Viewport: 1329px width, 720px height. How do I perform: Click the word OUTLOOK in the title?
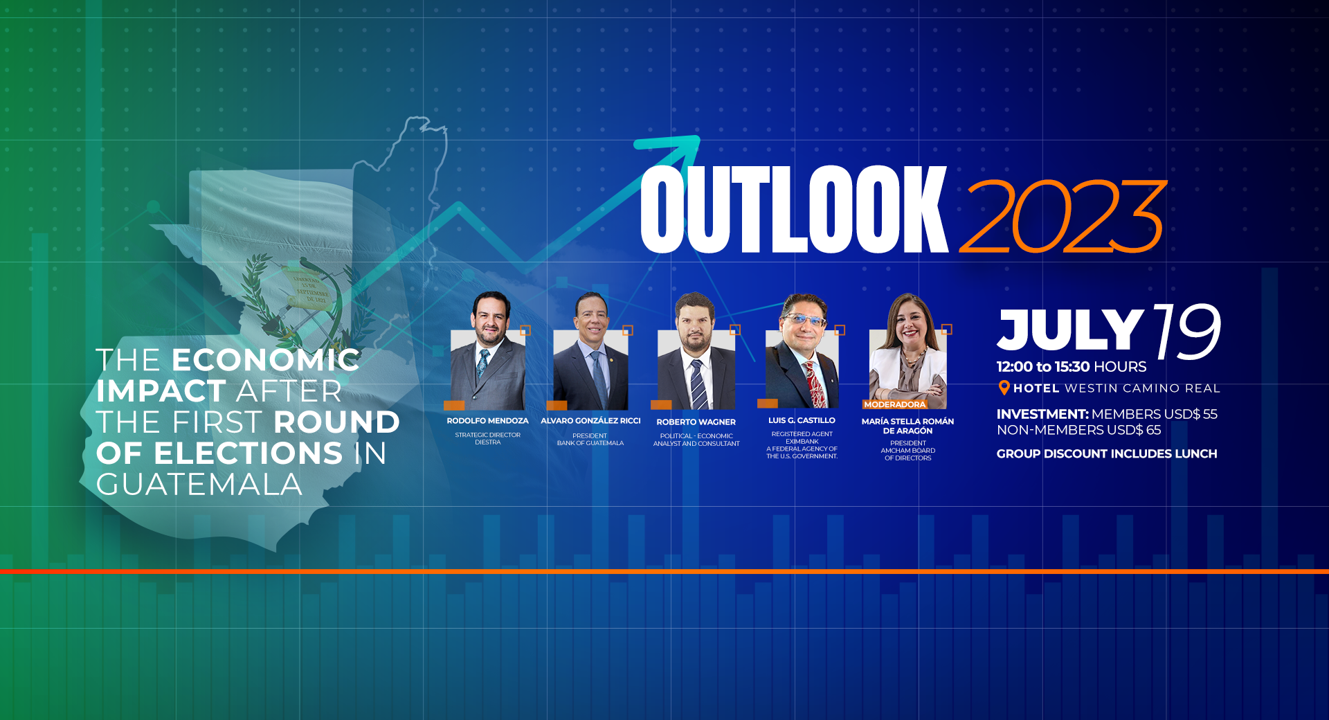coord(794,209)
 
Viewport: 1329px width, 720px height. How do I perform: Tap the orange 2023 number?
coord(1063,216)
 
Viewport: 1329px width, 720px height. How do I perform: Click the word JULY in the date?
coord(1069,330)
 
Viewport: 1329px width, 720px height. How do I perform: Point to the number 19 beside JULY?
coord(1186,331)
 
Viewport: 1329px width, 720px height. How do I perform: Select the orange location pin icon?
coord(1004,388)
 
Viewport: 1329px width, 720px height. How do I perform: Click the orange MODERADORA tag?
coord(894,404)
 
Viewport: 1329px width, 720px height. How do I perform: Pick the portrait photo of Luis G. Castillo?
coord(802,351)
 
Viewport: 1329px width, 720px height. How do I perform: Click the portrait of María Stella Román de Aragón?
coord(907,351)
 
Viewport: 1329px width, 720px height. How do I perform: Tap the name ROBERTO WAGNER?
coord(696,422)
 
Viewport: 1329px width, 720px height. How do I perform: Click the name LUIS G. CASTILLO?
coord(802,420)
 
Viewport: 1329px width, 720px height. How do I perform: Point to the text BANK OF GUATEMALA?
coord(590,443)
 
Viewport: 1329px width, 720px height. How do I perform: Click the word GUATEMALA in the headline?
coord(199,485)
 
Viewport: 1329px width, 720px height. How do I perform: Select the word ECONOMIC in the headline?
coord(266,360)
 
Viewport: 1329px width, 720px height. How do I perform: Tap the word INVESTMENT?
coord(1042,414)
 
